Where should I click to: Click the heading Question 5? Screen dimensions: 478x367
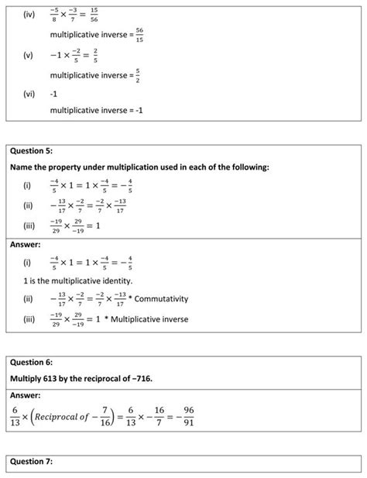[33, 151]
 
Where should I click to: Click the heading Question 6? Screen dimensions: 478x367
[33, 360]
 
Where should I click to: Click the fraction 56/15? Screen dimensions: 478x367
[139, 35]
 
